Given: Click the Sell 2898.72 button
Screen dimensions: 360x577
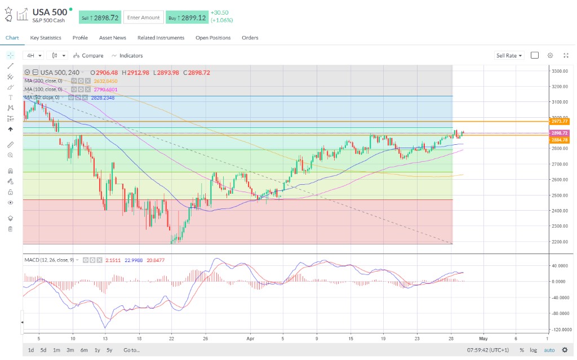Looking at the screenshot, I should pyautogui.click(x=100, y=17).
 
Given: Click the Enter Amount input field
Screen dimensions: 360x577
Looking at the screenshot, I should pyautogui.click(x=143, y=17).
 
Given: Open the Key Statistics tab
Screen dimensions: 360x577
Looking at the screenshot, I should pyautogui.click(x=46, y=38).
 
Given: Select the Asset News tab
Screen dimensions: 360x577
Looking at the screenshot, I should pyautogui.click(x=113, y=38).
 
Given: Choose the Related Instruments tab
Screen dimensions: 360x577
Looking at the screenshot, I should pyautogui.click(x=161, y=38).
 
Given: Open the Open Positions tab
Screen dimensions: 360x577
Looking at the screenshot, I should pyautogui.click(x=213, y=38).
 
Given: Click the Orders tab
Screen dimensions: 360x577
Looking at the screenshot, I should pyautogui.click(x=250, y=38).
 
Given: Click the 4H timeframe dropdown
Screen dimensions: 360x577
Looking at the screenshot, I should pyautogui.click(x=33, y=56).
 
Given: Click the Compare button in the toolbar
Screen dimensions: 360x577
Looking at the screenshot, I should pyautogui.click(x=88, y=56).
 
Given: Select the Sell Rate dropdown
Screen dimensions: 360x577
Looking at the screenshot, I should pyautogui.click(x=509, y=56).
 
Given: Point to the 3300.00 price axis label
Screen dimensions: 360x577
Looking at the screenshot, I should pyautogui.click(x=560, y=71).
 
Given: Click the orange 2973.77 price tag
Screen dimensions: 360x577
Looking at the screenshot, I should pyautogui.click(x=560, y=121).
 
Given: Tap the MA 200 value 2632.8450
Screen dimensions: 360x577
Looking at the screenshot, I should pyautogui.click(x=105, y=81).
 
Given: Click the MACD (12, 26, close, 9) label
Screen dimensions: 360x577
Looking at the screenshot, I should pyautogui.click(x=50, y=260).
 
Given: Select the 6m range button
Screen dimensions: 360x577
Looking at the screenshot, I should pyautogui.click(x=84, y=350).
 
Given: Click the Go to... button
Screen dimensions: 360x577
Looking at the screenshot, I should pyautogui.click(x=132, y=350).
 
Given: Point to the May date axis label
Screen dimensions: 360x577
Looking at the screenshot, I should pyautogui.click(x=482, y=338).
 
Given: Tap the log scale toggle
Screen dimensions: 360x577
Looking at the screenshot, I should pyautogui.click(x=532, y=350).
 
